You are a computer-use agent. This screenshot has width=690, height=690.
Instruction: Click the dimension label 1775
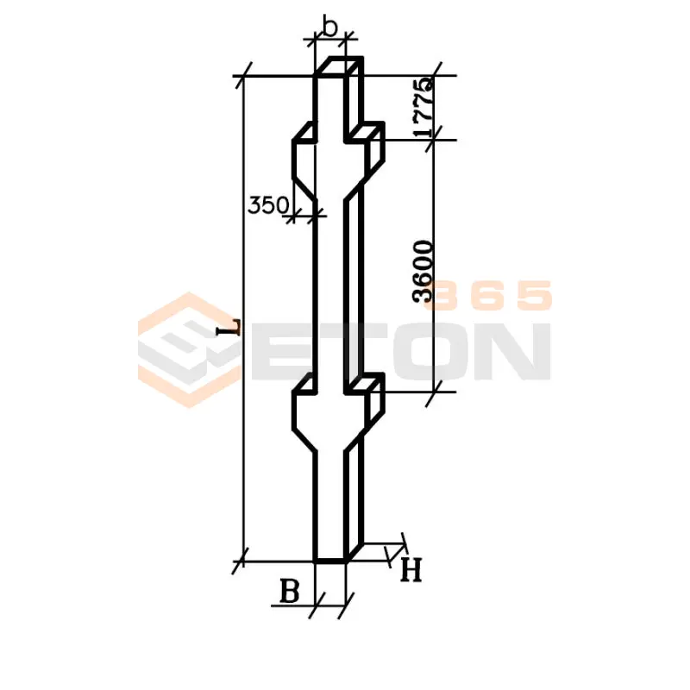coord(423,107)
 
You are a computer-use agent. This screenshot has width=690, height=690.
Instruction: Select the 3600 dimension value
coord(423,271)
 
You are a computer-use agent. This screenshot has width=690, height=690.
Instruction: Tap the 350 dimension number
coord(268,205)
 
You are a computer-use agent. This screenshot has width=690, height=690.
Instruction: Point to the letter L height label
coord(229,327)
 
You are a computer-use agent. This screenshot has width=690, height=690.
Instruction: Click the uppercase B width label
coord(290,591)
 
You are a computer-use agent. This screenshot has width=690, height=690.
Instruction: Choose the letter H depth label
coord(411,570)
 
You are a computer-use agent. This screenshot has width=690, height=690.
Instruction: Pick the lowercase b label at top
coord(329,26)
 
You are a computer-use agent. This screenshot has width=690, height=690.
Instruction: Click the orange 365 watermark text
coord(488,295)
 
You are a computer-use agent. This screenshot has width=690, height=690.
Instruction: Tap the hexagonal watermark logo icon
coord(189,350)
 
